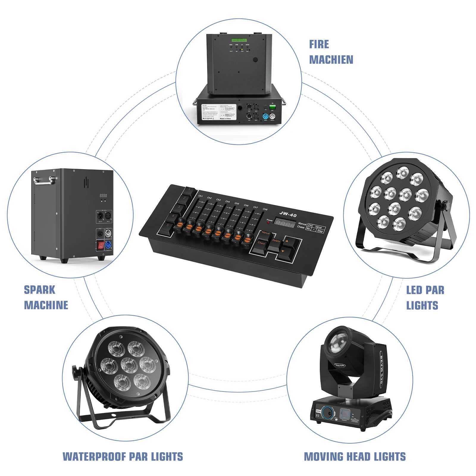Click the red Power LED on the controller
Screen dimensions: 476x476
tap(270, 223)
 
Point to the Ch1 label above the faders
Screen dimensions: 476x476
tap(201, 196)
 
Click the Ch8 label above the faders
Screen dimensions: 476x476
tap(265, 209)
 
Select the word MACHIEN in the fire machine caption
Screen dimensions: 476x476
tap(331, 60)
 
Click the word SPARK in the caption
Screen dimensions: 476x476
tap(40, 290)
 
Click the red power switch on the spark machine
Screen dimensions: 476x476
tap(101, 245)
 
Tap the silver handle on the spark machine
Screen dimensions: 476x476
tap(43, 179)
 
